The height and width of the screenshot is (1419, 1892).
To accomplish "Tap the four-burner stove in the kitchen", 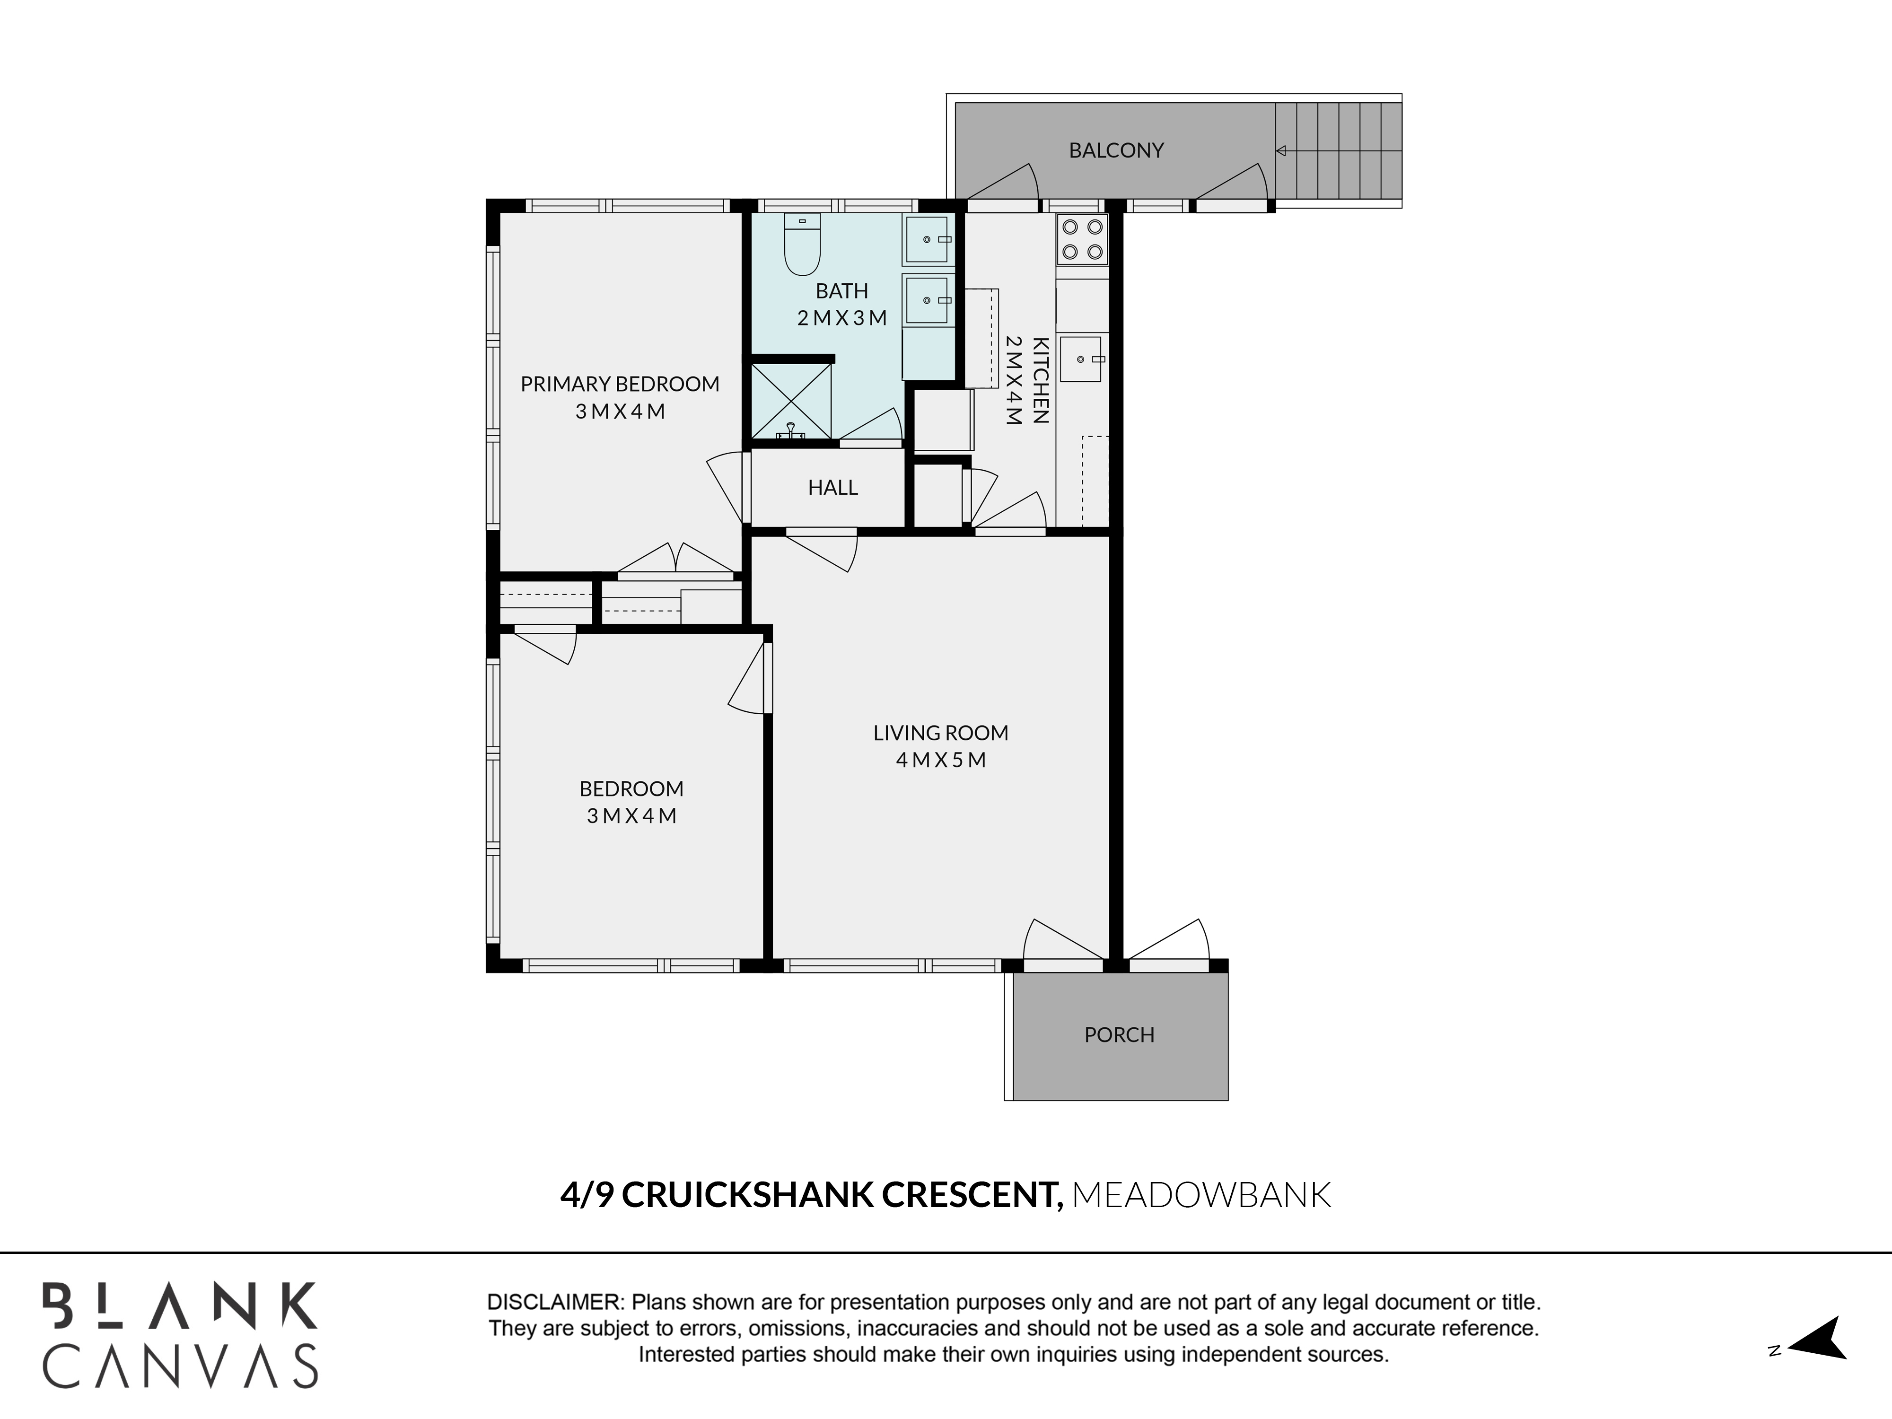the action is pos(1082,239).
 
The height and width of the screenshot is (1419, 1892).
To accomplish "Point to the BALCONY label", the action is pos(1116,150).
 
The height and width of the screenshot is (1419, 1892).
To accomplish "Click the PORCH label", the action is pos(1119,1035).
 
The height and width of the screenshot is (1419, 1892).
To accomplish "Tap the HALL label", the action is pos(832,488).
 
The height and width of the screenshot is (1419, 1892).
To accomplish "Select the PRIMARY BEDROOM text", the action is pos(620,384).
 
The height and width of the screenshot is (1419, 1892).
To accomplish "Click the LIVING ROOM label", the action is pos(941,733).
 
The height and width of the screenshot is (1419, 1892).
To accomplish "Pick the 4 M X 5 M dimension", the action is pos(941,760).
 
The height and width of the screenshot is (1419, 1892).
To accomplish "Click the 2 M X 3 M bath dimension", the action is pos(841,318).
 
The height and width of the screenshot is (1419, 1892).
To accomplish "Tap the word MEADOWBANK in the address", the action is pos(1201,1195).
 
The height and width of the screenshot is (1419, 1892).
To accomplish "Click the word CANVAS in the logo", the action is pos(181,1365).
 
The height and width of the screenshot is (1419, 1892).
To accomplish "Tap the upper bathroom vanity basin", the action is pos(927,239).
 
